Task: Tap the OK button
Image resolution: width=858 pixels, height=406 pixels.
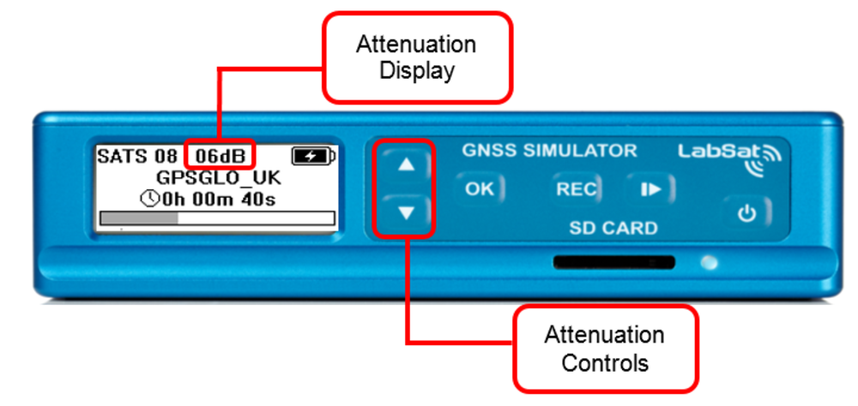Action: tap(479, 189)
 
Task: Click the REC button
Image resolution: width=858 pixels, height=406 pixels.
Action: tap(576, 189)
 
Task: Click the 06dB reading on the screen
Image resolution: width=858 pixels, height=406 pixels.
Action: tap(221, 156)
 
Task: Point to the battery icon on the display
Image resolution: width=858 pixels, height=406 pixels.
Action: tap(313, 156)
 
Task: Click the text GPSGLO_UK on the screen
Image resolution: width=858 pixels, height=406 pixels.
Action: tap(215, 178)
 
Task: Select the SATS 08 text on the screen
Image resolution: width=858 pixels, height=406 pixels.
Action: tap(137, 156)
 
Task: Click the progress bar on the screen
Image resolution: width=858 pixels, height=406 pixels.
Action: tap(216, 219)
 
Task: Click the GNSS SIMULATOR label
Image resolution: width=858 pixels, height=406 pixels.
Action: tap(549, 151)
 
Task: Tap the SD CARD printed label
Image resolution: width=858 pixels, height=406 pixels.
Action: tap(613, 229)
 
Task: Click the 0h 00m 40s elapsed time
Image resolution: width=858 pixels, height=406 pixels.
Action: tap(224, 199)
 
